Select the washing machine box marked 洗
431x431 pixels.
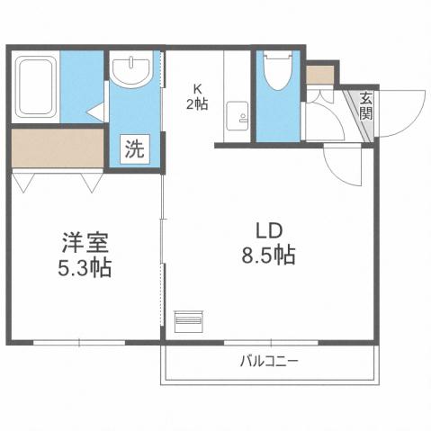point(133,149)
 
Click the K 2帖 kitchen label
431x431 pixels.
point(198,97)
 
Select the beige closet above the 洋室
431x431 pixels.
point(57,149)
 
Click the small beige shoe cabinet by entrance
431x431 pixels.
point(319,75)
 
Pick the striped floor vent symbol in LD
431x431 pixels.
point(188,319)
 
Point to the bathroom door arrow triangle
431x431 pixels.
point(94,112)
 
